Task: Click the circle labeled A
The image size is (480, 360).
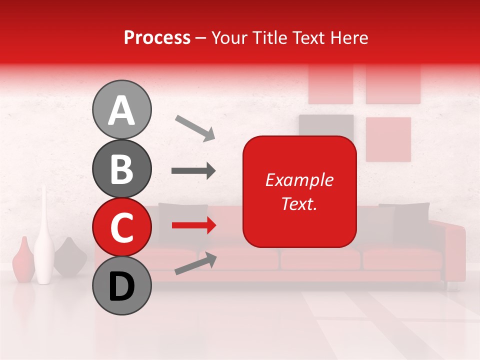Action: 121,110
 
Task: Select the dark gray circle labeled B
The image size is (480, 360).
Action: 121,169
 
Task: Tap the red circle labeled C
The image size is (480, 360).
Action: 121,227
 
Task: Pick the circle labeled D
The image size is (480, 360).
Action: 121,286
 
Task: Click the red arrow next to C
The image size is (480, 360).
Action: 193,225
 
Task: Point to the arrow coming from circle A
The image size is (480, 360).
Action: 194,127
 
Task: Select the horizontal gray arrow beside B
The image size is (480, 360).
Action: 193,171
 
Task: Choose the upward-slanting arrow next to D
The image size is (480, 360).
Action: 195,263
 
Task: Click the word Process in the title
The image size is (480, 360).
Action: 157,37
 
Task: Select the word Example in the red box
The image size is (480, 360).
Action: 299,180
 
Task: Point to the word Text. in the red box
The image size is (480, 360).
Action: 299,203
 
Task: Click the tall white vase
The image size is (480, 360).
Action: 44,240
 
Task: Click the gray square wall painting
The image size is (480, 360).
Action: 326,125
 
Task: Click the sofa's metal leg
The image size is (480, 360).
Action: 451,285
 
